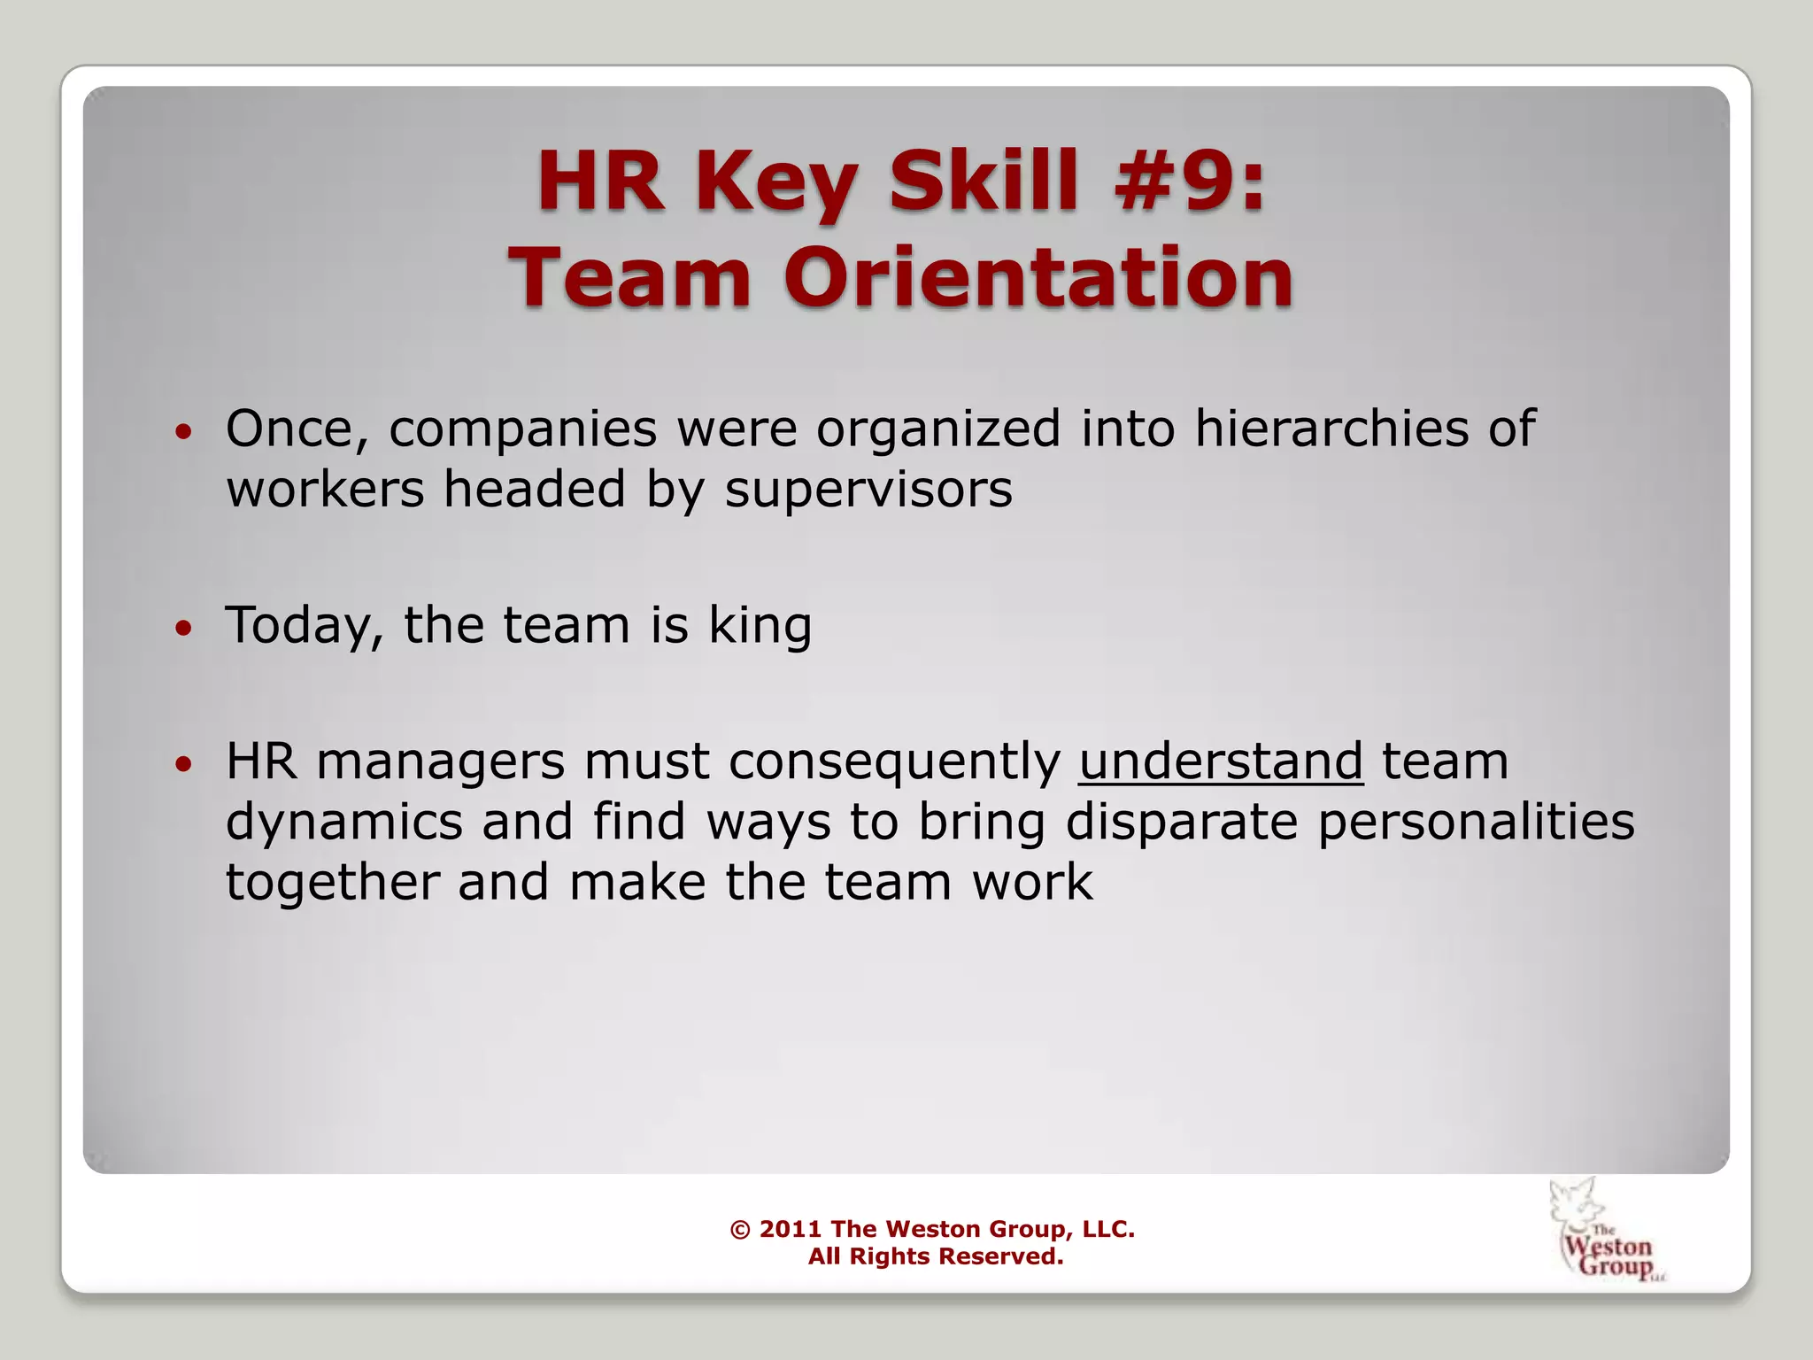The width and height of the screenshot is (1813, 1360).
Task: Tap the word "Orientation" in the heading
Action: click(x=1038, y=277)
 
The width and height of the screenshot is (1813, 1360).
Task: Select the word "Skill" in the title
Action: click(x=984, y=181)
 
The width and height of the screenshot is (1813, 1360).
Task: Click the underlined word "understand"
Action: click(x=1221, y=761)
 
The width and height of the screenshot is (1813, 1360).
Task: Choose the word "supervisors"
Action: click(x=868, y=489)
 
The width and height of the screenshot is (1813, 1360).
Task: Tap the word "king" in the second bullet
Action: click(x=760, y=626)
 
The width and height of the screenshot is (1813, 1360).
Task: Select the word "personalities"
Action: click(x=1476, y=822)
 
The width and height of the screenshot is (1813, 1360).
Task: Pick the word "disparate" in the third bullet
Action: click(x=1181, y=822)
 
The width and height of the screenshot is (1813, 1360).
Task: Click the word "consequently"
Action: click(x=894, y=761)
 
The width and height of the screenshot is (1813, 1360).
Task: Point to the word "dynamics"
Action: click(x=344, y=822)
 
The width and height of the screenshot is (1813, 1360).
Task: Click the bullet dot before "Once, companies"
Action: click(x=183, y=433)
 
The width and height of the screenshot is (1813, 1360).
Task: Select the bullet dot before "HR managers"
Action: click(x=183, y=765)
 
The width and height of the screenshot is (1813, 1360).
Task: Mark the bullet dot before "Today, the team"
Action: click(x=183, y=629)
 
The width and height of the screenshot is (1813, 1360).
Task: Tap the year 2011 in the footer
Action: click(x=791, y=1229)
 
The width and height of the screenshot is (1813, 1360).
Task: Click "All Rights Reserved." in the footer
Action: click(x=935, y=1256)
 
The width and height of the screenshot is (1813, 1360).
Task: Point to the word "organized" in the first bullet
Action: click(x=937, y=430)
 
